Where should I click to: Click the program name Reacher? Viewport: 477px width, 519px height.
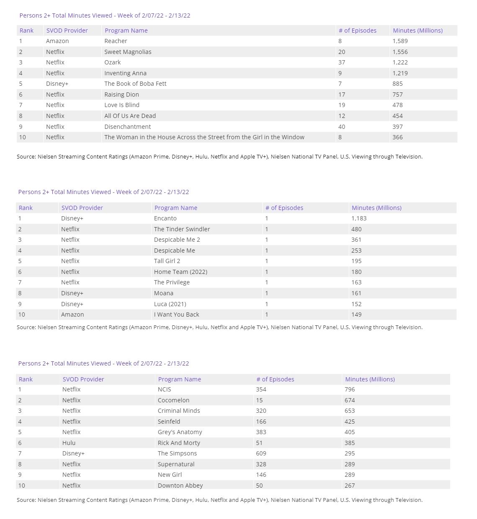click(116, 41)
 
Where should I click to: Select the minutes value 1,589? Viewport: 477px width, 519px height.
click(400, 41)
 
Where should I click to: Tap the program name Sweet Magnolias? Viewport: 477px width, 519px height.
click(128, 52)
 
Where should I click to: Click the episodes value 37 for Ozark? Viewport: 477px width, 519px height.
click(342, 62)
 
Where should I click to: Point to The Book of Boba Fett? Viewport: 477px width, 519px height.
click(135, 84)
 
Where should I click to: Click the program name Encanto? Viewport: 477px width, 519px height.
click(165, 218)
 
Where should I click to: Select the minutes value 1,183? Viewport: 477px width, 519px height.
click(359, 218)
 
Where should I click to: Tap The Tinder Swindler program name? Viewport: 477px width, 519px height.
click(182, 229)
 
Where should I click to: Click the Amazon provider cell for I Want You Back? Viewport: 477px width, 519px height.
click(72, 314)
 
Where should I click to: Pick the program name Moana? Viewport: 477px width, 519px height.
click(164, 293)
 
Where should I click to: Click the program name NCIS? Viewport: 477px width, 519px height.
click(164, 389)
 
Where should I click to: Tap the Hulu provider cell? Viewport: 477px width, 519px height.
click(69, 443)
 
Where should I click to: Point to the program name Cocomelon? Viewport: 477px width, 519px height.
click(173, 400)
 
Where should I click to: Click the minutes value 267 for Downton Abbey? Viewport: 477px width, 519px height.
click(350, 486)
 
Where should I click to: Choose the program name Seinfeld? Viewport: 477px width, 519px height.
click(169, 422)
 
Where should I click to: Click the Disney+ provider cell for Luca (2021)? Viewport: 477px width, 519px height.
click(72, 304)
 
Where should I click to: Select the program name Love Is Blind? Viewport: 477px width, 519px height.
click(122, 105)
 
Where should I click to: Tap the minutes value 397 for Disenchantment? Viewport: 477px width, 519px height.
click(397, 127)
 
